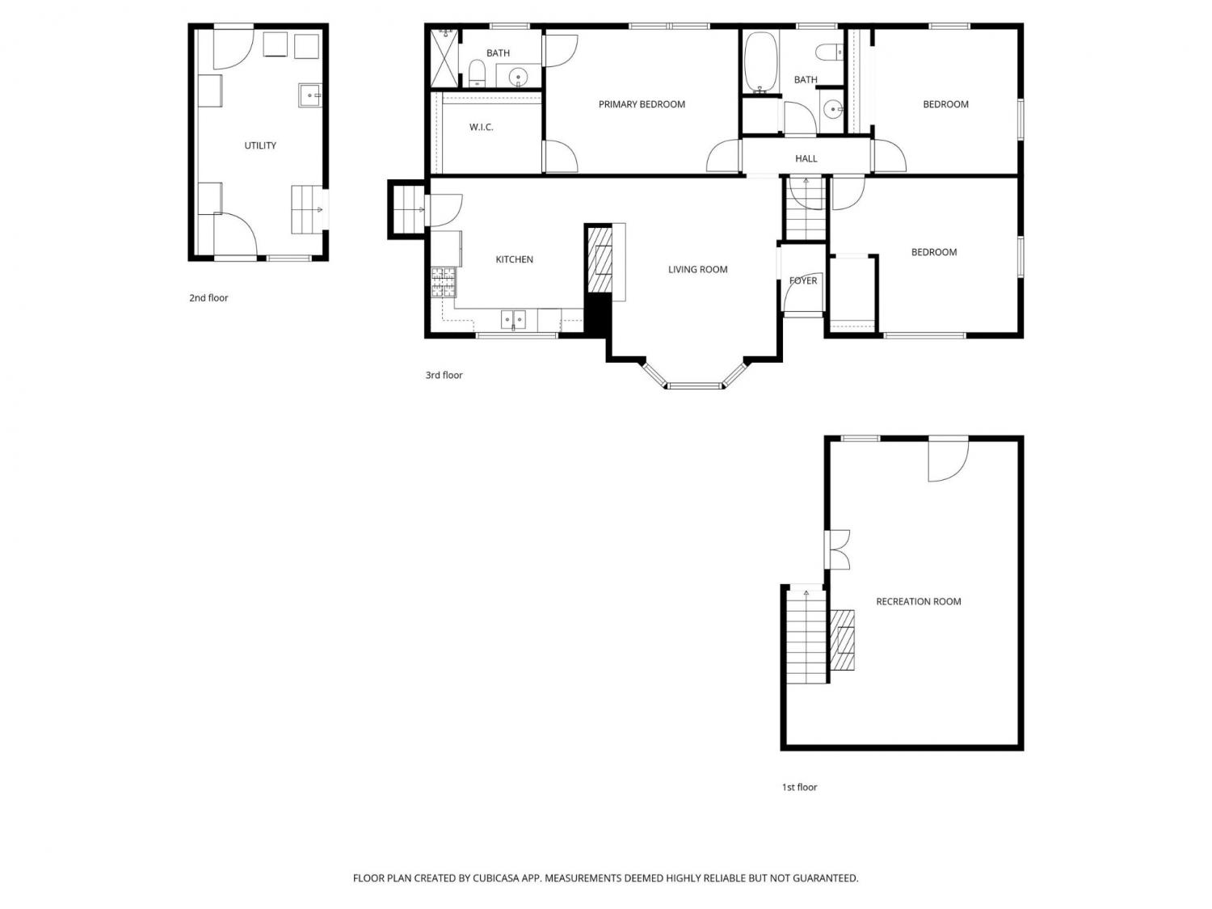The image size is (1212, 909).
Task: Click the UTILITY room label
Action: pos(260,145)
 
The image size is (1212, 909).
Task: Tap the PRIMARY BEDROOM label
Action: pos(642,104)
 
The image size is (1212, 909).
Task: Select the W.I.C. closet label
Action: pos(481,128)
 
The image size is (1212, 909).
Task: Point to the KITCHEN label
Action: pos(514,259)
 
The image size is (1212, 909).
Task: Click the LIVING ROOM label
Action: pos(697,269)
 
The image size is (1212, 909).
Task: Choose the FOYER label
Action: pos(803,280)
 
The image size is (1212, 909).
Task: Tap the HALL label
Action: pos(806,158)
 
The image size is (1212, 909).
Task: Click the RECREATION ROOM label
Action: pos(918,602)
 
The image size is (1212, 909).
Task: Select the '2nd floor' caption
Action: pos(208,298)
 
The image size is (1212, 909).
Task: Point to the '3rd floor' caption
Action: pos(444,375)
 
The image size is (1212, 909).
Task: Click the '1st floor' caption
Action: pos(799,788)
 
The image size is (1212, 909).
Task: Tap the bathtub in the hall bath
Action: pos(760,62)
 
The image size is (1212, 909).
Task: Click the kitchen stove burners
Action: pos(444,282)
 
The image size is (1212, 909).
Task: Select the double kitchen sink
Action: pos(513,319)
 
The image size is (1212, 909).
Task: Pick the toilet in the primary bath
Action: pos(477,74)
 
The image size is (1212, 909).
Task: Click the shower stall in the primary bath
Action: pos(444,58)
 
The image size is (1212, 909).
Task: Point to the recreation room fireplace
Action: pos(843,640)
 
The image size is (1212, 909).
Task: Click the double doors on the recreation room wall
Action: pos(838,549)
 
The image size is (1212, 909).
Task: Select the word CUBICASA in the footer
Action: pos(496,878)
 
